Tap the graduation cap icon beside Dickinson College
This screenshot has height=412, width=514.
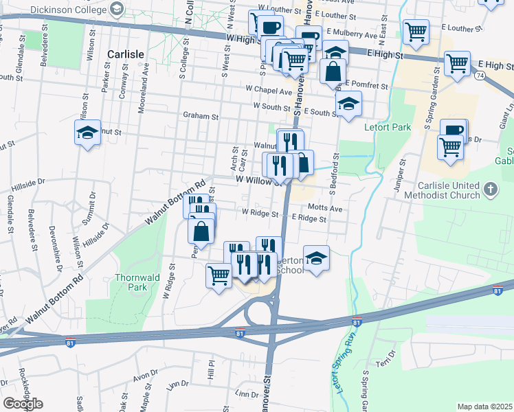[x=117, y=8]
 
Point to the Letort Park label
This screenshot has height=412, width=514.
[x=391, y=127]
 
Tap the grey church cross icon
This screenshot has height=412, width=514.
[x=490, y=187]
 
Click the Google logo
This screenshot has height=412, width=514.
[x=23, y=404]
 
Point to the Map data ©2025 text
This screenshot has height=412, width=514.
[x=485, y=407]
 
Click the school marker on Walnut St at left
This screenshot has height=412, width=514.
[x=88, y=133]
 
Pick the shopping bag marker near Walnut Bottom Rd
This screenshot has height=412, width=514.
[x=201, y=231]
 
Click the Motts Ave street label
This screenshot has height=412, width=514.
[x=325, y=207]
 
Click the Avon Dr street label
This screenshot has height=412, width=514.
[x=146, y=377]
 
